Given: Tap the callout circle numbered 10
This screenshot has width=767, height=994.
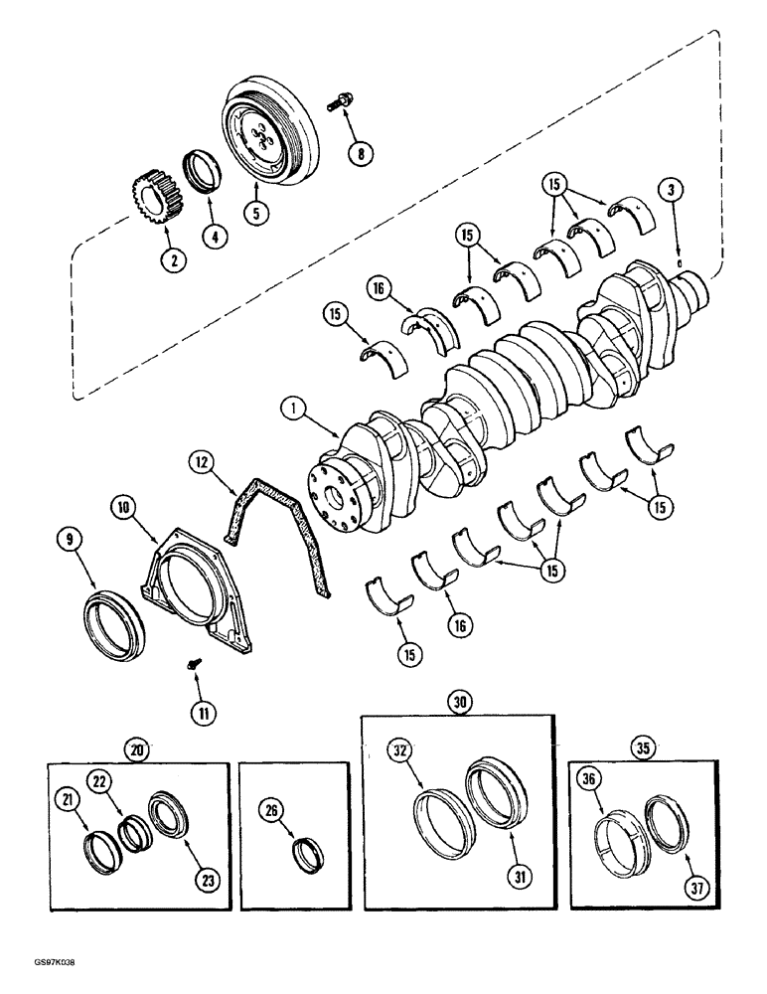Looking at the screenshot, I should click(x=124, y=508).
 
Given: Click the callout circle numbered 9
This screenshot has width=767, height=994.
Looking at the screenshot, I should click(x=70, y=542).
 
